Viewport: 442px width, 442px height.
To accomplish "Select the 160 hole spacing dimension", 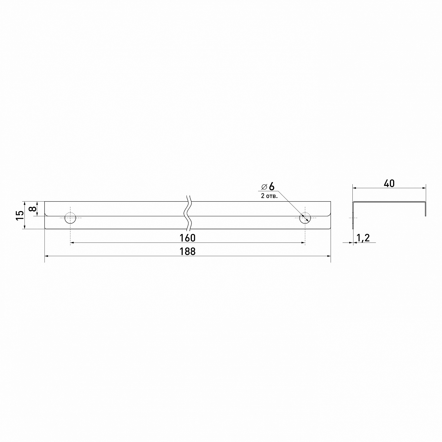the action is pyautogui.click(x=187, y=238).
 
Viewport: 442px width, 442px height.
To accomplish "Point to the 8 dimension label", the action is pyautogui.click(x=33, y=209).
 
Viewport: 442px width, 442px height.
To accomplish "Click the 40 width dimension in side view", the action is pyautogui.click(x=389, y=183).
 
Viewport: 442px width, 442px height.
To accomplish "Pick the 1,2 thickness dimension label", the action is pyautogui.click(x=363, y=238).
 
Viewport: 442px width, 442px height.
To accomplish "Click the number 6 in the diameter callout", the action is pyautogui.click(x=271, y=186).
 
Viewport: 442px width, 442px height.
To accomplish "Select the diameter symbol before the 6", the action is pyautogui.click(x=264, y=187).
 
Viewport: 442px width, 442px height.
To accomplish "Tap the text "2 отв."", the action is pyautogui.click(x=269, y=196).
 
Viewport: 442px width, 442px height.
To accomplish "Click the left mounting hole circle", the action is pyautogui.click(x=70, y=213).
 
